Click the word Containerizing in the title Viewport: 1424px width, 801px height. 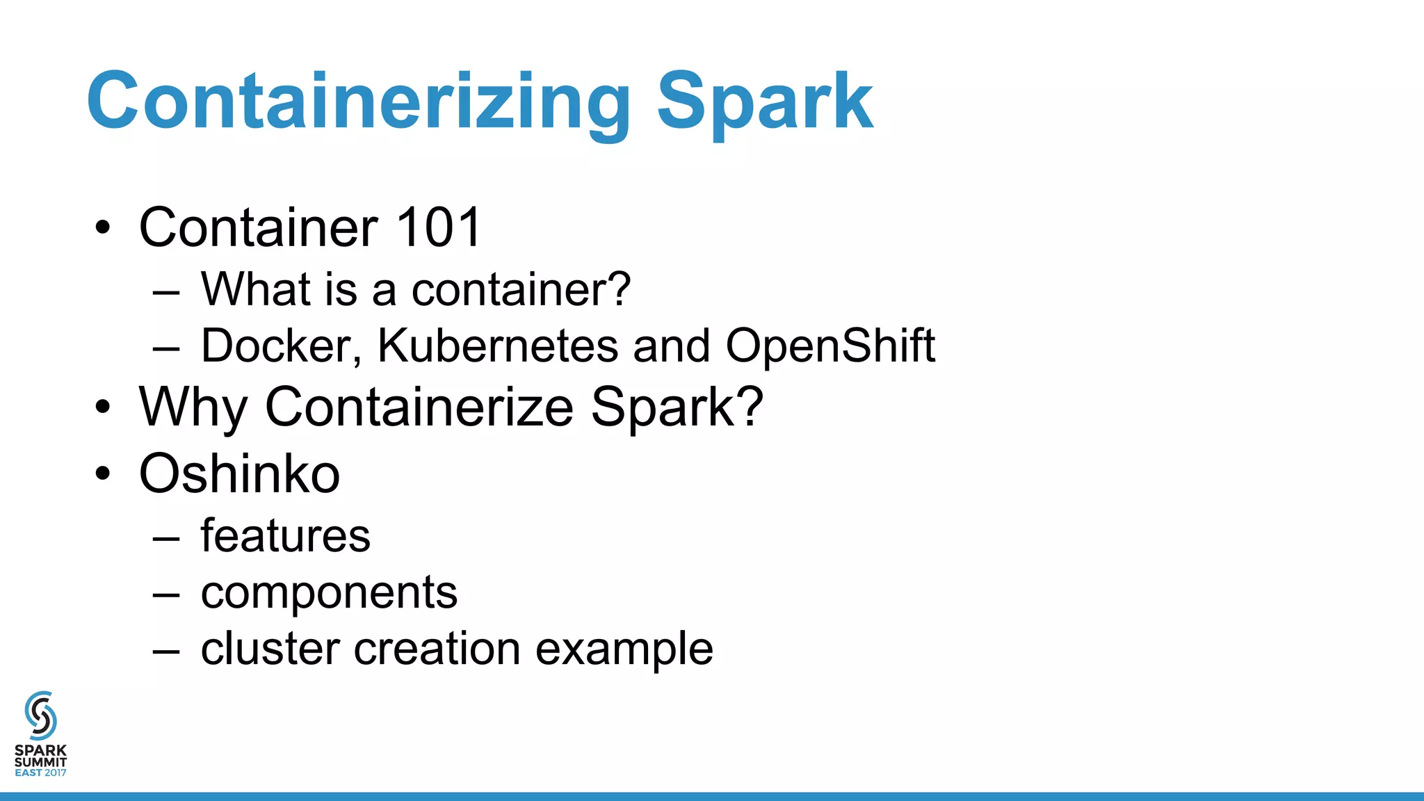coord(358,102)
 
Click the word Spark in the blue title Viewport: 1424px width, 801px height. coord(764,102)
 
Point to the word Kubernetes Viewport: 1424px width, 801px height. coord(497,346)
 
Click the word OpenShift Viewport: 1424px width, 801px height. coord(830,346)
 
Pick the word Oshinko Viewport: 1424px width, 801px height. coord(239,474)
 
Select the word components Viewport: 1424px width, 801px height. coord(329,592)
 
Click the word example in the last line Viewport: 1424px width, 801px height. coord(624,649)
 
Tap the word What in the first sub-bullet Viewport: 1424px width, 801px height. coord(247,289)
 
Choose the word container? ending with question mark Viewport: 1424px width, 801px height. coord(521,289)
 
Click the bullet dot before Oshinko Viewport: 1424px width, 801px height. coord(103,474)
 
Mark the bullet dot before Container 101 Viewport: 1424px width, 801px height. coord(103,227)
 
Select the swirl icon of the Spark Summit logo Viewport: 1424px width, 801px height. coord(40,715)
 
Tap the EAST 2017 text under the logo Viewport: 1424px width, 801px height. coord(40,772)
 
